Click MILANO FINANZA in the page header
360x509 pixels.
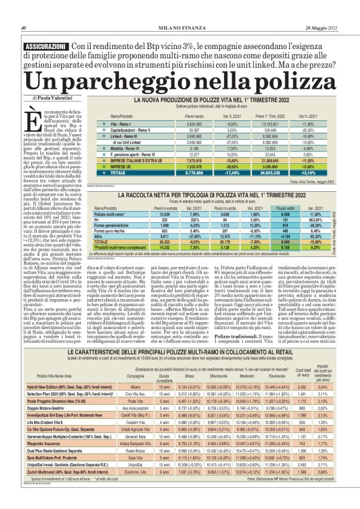(x=179, y=27)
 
